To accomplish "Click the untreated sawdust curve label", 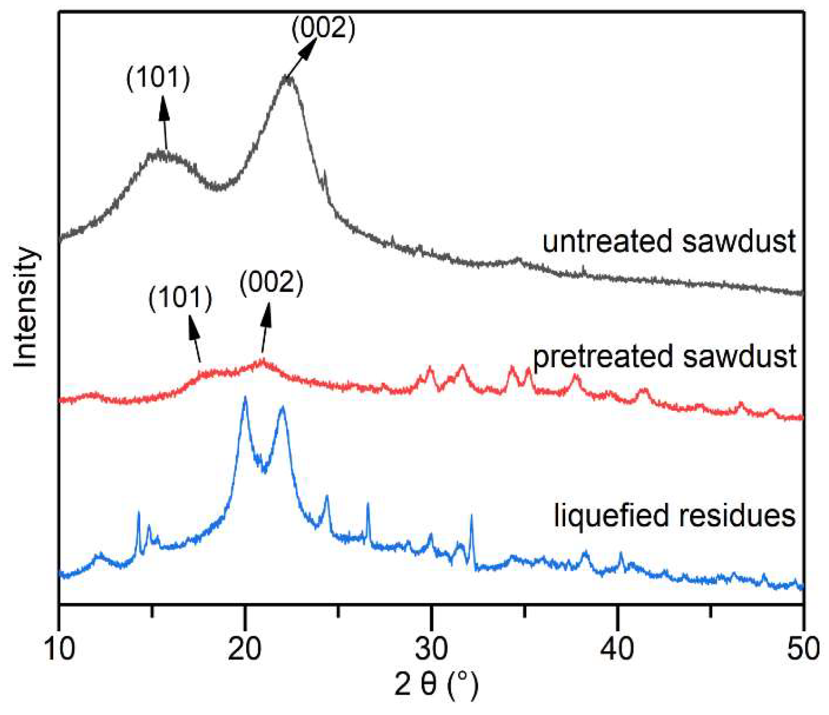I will coord(669,242).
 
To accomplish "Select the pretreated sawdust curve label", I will coord(664,357).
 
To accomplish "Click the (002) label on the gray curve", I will coord(323,29).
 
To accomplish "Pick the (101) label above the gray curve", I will coord(158,78).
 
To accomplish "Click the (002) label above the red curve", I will coord(272,283).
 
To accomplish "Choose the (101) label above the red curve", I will coord(180,298).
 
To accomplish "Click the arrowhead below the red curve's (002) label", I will coord(267,314).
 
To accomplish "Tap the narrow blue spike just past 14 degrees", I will coord(139,513).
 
